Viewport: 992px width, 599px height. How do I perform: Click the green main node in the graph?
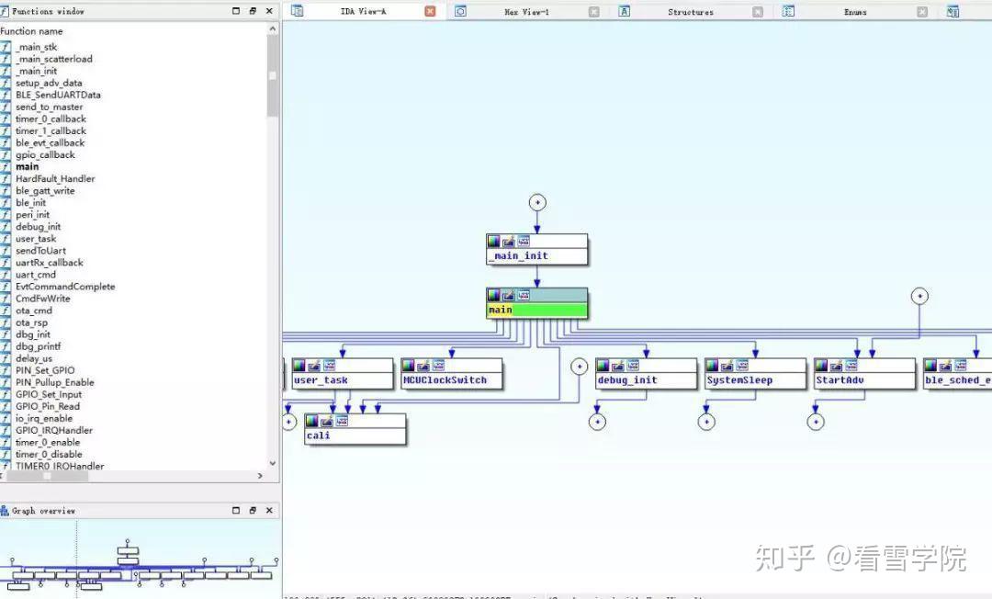tap(536, 310)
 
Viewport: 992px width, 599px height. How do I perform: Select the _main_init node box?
tap(536, 255)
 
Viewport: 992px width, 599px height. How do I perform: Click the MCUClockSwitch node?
tap(451, 379)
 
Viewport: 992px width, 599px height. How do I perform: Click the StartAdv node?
tap(863, 379)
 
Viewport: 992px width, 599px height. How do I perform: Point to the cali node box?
tap(355, 435)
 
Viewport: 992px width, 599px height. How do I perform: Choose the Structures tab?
tap(690, 12)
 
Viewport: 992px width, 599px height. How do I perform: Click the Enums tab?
tap(854, 12)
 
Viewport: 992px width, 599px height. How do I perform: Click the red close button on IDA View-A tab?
tap(430, 11)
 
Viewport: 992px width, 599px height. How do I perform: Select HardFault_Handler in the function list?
tap(55, 178)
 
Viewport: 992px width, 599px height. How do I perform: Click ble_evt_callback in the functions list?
tap(50, 142)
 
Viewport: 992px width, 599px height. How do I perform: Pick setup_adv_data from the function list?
tap(49, 83)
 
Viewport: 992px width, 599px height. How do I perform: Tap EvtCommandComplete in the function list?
tap(65, 287)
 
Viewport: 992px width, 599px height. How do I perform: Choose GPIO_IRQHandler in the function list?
tap(54, 430)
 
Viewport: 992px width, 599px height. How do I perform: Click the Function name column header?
tap(31, 30)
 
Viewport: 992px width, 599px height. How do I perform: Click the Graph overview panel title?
tap(43, 511)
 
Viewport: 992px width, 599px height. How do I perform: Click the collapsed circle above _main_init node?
tap(537, 202)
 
